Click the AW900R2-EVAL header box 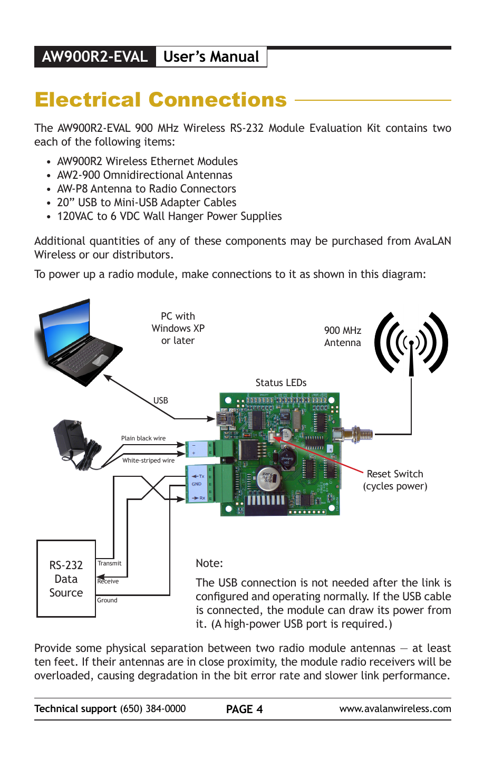95,57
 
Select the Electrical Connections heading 161,100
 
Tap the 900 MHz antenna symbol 411,343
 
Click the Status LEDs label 280,383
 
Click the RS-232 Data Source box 66,579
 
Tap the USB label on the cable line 161,401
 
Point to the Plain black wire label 143,438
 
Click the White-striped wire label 148,460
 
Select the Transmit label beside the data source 109,563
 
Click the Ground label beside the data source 107,600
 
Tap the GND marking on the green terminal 196,484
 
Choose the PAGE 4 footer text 244,709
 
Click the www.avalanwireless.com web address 395,709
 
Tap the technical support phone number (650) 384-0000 153,709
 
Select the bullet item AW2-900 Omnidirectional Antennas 144,175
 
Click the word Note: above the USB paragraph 209,563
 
